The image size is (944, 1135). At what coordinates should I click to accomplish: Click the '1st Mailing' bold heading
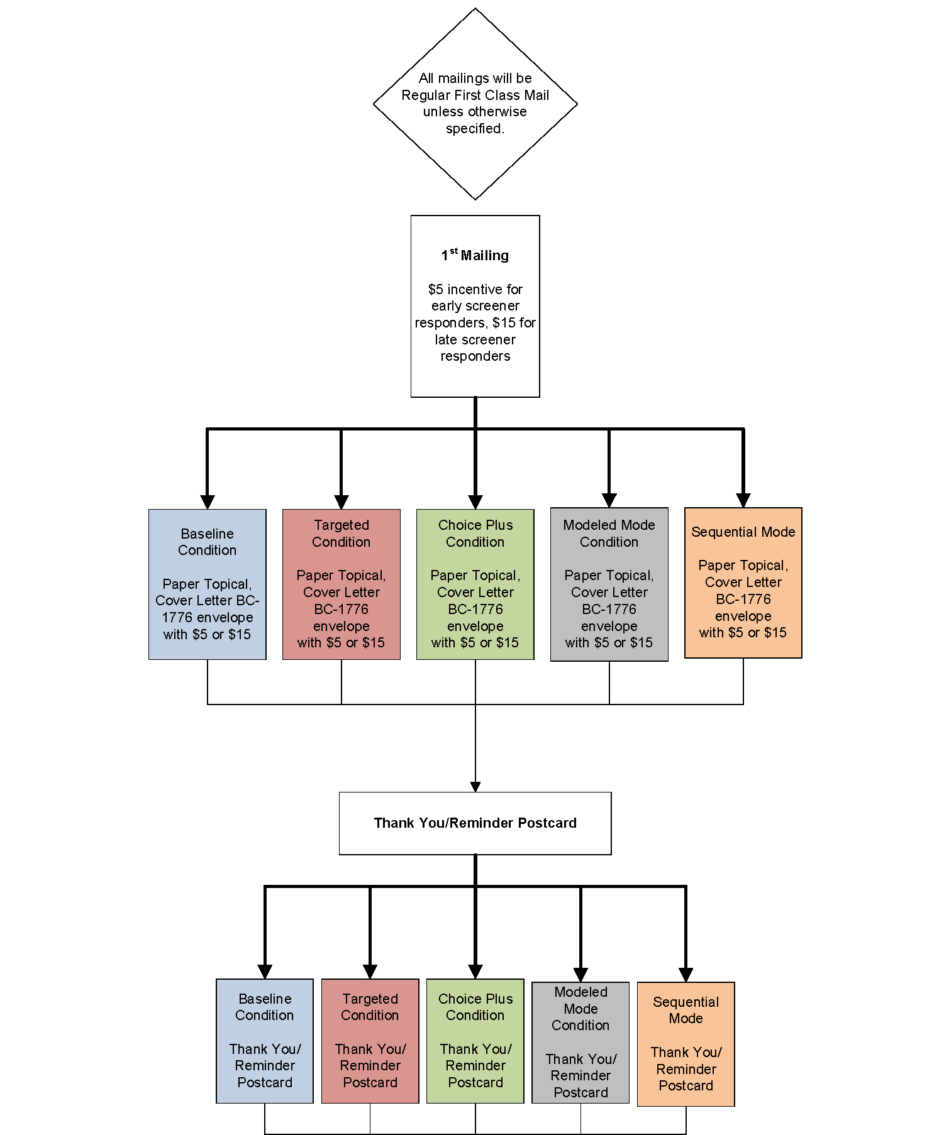(475, 255)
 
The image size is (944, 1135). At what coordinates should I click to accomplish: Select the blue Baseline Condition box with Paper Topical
(207, 584)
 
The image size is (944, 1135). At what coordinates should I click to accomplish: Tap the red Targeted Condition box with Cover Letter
(341, 584)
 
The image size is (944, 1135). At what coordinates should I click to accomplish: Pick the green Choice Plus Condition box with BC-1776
(475, 584)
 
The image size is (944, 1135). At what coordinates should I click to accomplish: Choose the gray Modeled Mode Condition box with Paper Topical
(609, 584)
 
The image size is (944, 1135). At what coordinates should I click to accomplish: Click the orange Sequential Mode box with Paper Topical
(743, 583)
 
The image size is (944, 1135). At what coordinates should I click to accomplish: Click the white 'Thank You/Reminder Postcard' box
(475, 823)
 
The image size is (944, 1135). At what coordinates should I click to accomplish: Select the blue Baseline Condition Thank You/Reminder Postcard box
(265, 1040)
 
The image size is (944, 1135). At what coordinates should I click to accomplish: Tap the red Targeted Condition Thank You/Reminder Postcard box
(370, 1040)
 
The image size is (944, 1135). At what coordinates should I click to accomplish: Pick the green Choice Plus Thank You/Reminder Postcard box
(475, 1040)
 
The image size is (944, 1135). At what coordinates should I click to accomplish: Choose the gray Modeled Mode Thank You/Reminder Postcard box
(580, 1042)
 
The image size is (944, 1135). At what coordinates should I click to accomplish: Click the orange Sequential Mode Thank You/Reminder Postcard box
(686, 1043)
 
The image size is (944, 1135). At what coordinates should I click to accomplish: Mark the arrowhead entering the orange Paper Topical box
(743, 500)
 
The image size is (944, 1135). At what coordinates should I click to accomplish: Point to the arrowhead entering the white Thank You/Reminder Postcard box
(475, 787)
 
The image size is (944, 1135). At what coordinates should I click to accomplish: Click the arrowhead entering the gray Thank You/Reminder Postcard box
(580, 975)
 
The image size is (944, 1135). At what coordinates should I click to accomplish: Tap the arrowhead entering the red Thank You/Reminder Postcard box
(370, 972)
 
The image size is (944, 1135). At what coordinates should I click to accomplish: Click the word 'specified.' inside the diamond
(475, 129)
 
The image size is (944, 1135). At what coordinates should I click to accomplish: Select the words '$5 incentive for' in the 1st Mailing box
(475, 289)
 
